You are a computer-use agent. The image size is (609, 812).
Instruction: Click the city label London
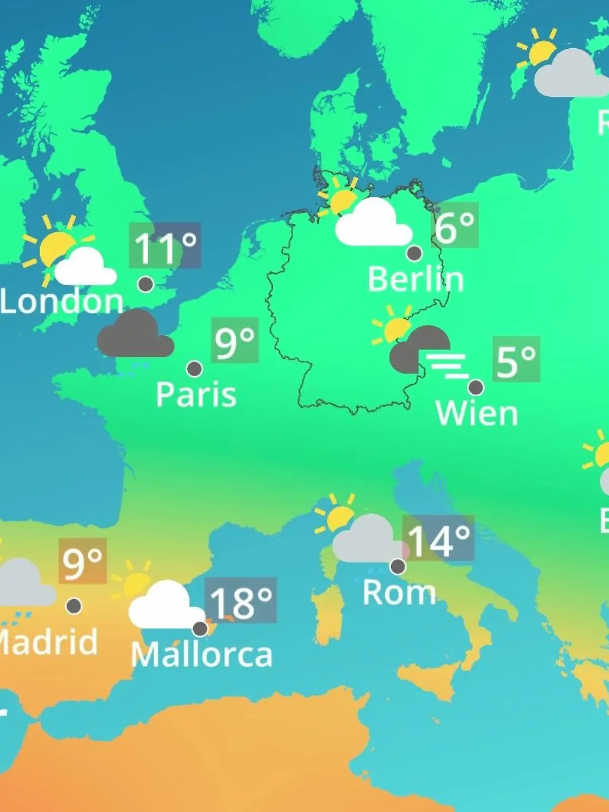61,301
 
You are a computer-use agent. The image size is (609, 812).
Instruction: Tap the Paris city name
196,395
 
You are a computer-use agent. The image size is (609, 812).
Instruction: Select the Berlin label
416,279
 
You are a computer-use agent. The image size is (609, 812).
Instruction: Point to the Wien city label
477,414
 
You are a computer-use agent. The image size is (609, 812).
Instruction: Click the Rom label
399,593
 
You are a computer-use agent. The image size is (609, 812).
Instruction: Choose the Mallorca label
201,655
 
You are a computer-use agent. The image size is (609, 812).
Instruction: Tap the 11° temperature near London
165,246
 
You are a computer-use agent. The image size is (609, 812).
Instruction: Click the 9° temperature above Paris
234,341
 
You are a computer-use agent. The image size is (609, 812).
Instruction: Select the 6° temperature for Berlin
455,226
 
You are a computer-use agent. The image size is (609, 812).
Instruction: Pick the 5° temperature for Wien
516,360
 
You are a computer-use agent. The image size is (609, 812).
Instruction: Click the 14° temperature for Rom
438,539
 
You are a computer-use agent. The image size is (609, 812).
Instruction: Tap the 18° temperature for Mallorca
241,601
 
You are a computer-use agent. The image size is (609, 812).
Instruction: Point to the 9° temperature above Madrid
83,561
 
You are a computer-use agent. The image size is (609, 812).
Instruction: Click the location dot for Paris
194,368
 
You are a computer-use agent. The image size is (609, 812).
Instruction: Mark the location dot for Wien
476,387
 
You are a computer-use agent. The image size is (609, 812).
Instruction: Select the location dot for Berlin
414,253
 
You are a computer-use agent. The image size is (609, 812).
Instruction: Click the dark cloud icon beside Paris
135,335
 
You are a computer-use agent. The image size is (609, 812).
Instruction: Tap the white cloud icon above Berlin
373,223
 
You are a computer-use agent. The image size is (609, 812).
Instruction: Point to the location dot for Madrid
74,605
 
